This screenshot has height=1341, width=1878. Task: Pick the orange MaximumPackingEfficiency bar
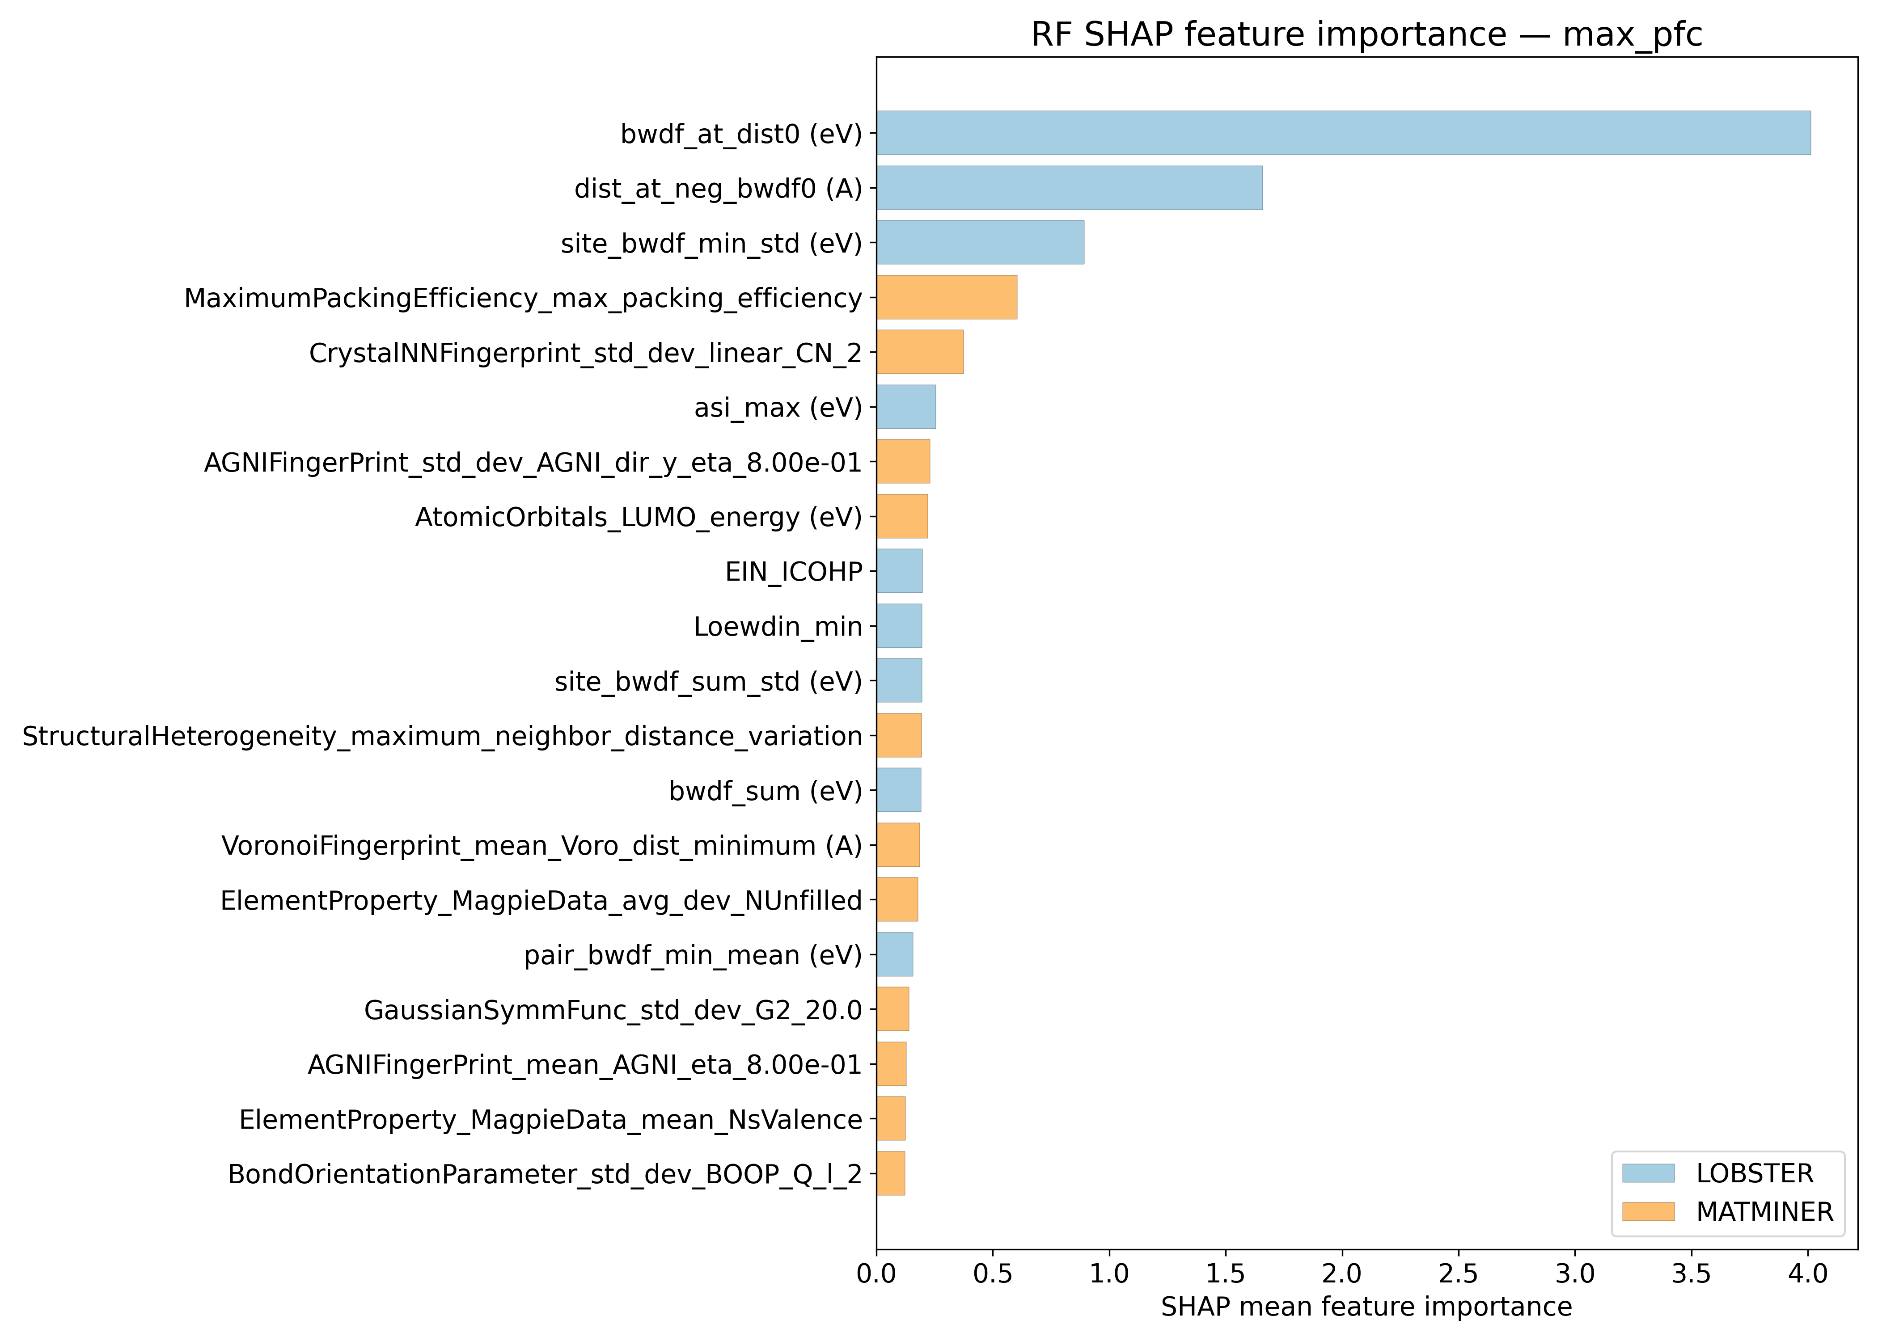pos(947,297)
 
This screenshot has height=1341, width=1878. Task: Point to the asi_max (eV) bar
pos(906,406)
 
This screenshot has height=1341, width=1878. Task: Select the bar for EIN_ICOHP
pos(899,570)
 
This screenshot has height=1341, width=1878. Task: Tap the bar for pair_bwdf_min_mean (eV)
pos(894,954)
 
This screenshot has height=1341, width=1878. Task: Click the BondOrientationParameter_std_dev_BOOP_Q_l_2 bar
pos(890,1173)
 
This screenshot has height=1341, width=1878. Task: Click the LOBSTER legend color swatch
pos(1648,1173)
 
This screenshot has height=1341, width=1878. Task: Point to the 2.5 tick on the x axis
pos(1459,1274)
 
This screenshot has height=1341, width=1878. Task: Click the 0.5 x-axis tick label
pos(993,1274)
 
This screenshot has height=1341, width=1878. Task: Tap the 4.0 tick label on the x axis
pos(1808,1274)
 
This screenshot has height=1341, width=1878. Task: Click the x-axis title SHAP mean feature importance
pos(1366,1307)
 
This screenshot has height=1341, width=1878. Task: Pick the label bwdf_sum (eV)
pos(765,791)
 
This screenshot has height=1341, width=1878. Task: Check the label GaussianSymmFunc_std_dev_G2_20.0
pos(613,1010)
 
